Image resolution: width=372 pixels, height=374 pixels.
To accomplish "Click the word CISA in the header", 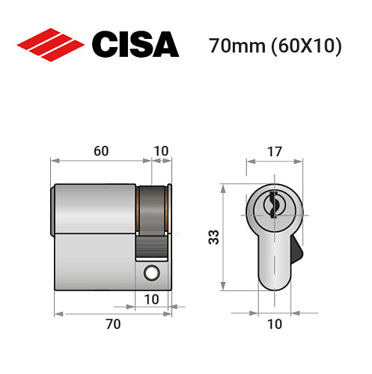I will [135, 45].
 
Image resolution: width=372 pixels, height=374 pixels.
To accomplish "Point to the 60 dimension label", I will [101, 150].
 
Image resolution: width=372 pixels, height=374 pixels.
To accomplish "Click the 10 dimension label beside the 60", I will [160, 150].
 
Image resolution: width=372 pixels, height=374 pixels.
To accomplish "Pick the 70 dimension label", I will [112, 324].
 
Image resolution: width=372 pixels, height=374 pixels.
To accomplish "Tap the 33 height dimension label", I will [213, 237].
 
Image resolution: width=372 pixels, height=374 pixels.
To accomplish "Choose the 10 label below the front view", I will [274, 324].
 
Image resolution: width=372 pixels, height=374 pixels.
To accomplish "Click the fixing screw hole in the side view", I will [152, 274].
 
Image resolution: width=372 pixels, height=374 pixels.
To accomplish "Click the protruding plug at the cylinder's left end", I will [53, 209].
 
